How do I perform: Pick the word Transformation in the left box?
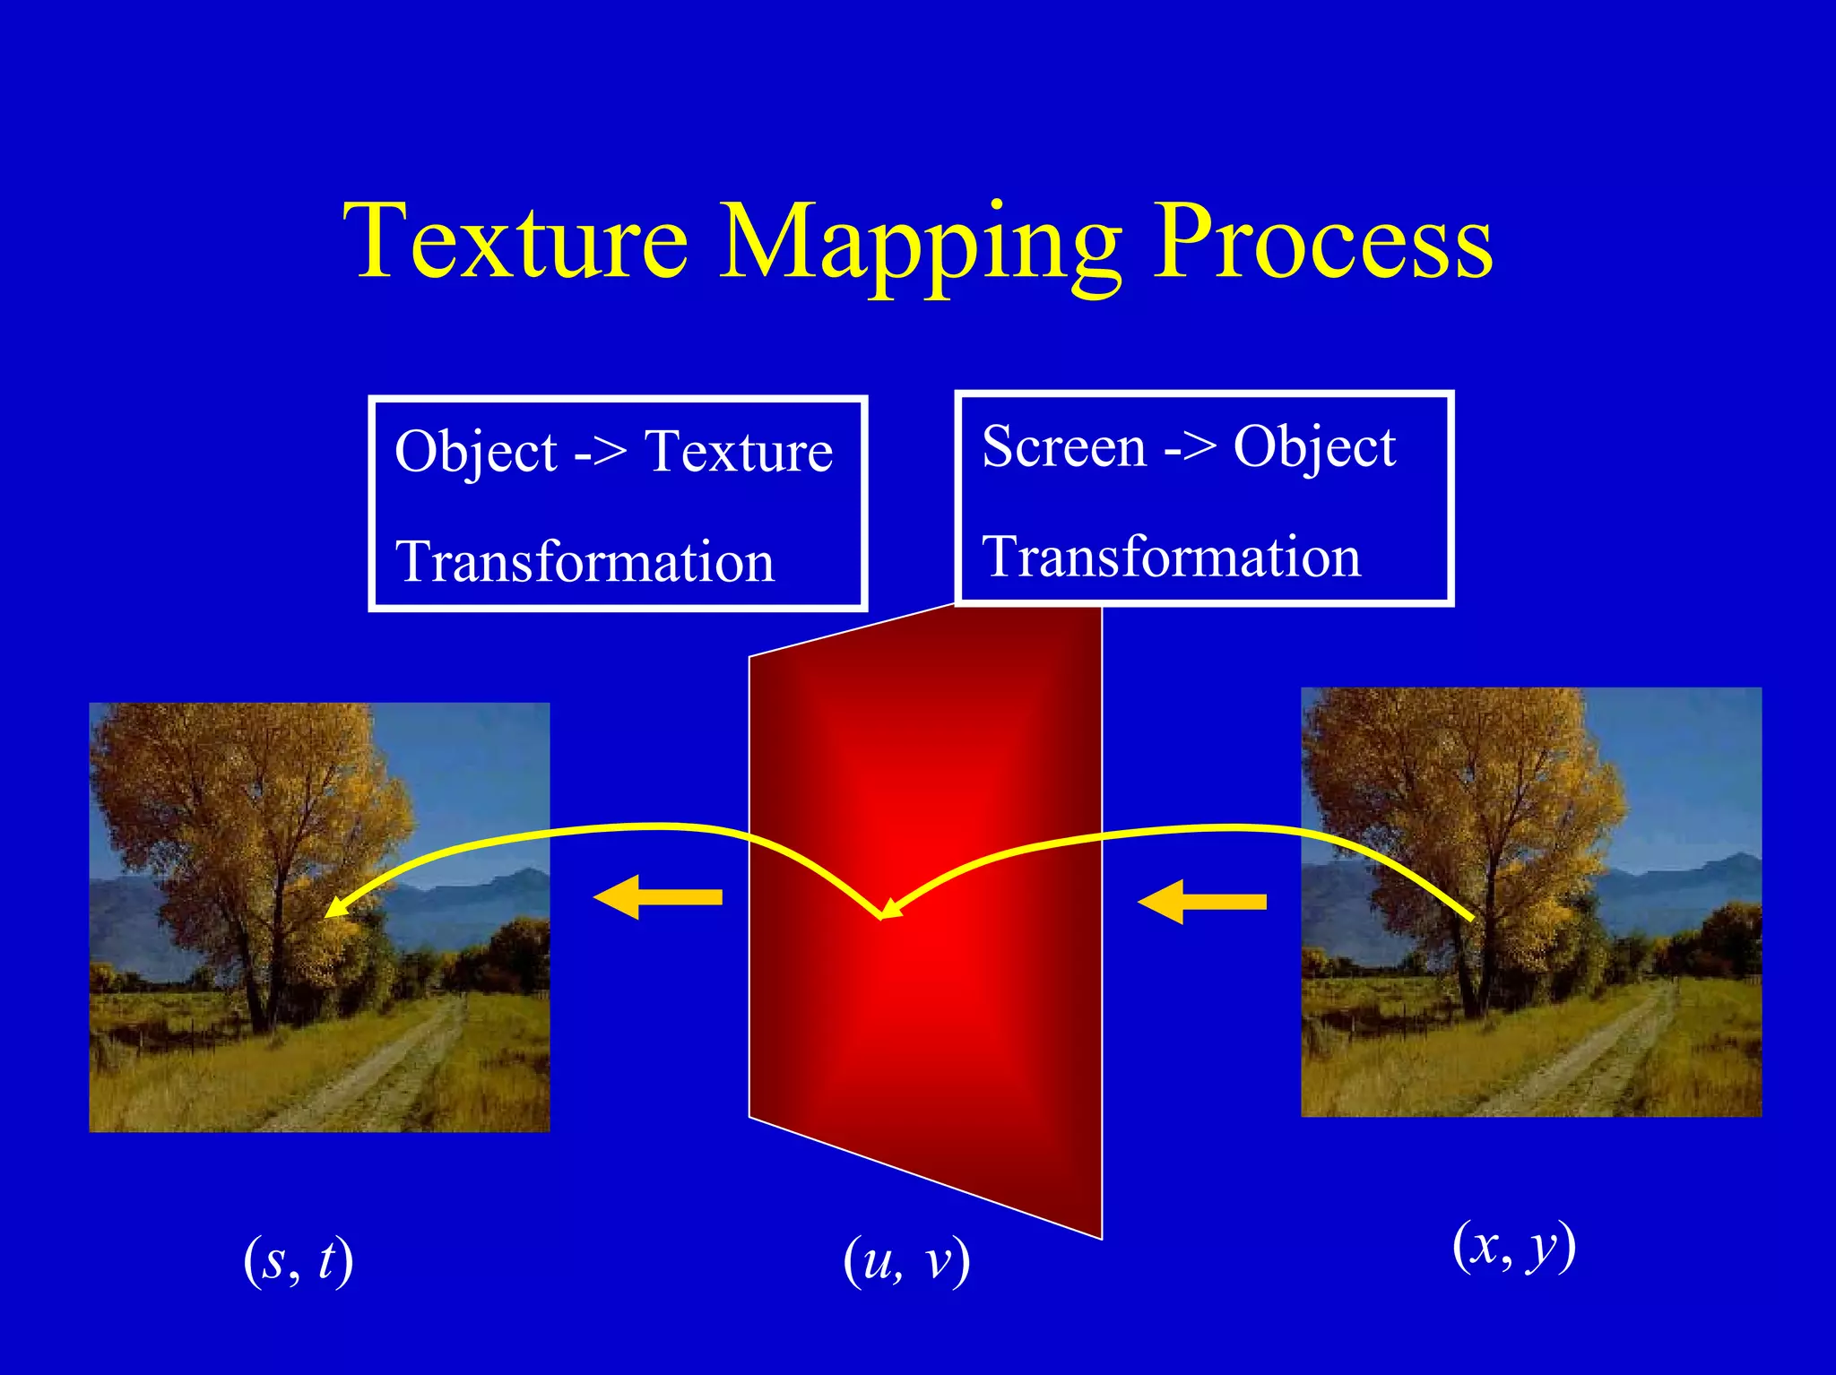tap(585, 562)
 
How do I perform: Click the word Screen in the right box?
tap(1064, 446)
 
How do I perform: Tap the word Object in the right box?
tap(1314, 446)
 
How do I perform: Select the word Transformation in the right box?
tap(1172, 557)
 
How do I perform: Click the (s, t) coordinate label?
tap(299, 1260)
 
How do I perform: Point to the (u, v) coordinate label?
tap(906, 1260)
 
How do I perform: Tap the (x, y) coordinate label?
tap(1514, 1246)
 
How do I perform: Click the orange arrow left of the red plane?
tap(658, 897)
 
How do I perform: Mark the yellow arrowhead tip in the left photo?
tap(327, 914)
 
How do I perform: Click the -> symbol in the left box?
tap(600, 452)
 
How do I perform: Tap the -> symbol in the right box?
tap(1190, 447)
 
